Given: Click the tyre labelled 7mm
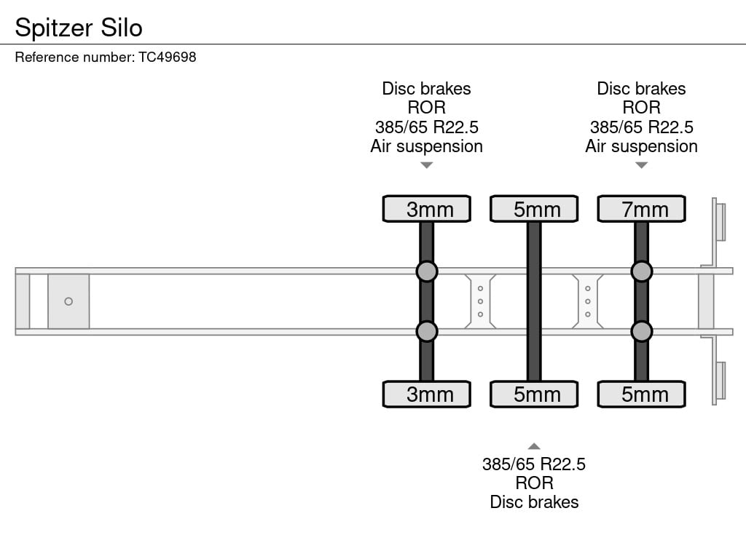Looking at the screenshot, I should click(641, 209).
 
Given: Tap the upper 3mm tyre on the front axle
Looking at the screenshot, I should click(427, 209).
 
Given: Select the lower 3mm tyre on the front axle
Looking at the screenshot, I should click(427, 395).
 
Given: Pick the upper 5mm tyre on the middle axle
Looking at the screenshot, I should click(534, 209).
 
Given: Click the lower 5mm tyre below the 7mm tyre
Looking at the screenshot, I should click(641, 395).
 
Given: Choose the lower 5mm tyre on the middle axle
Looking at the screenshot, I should click(534, 395).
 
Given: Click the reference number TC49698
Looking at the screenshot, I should click(168, 57).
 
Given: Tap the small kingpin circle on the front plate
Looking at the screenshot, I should click(68, 301).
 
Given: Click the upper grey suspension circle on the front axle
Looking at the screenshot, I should click(427, 271).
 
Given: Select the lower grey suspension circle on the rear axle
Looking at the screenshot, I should click(641, 332).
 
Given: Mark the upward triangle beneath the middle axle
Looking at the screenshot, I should click(534, 446).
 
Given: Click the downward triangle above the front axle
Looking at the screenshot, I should click(427, 165).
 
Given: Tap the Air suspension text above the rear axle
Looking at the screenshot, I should click(641, 146).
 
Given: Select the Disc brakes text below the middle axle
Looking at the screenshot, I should click(534, 501).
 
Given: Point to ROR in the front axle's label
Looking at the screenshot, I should click(427, 108).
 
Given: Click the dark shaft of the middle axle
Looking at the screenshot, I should click(534, 301).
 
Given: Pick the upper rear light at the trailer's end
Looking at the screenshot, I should click(721, 221).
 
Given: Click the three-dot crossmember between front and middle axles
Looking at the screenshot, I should click(481, 301).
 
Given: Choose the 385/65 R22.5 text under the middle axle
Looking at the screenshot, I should click(534, 464).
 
